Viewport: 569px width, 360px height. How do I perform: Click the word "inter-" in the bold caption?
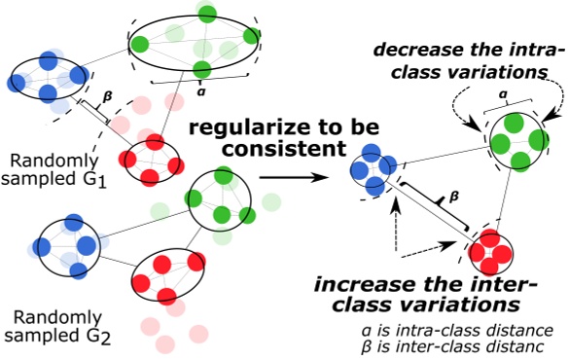pyautogui.click(x=507, y=286)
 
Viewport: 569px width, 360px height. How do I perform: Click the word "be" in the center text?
pyautogui.click(x=358, y=128)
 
